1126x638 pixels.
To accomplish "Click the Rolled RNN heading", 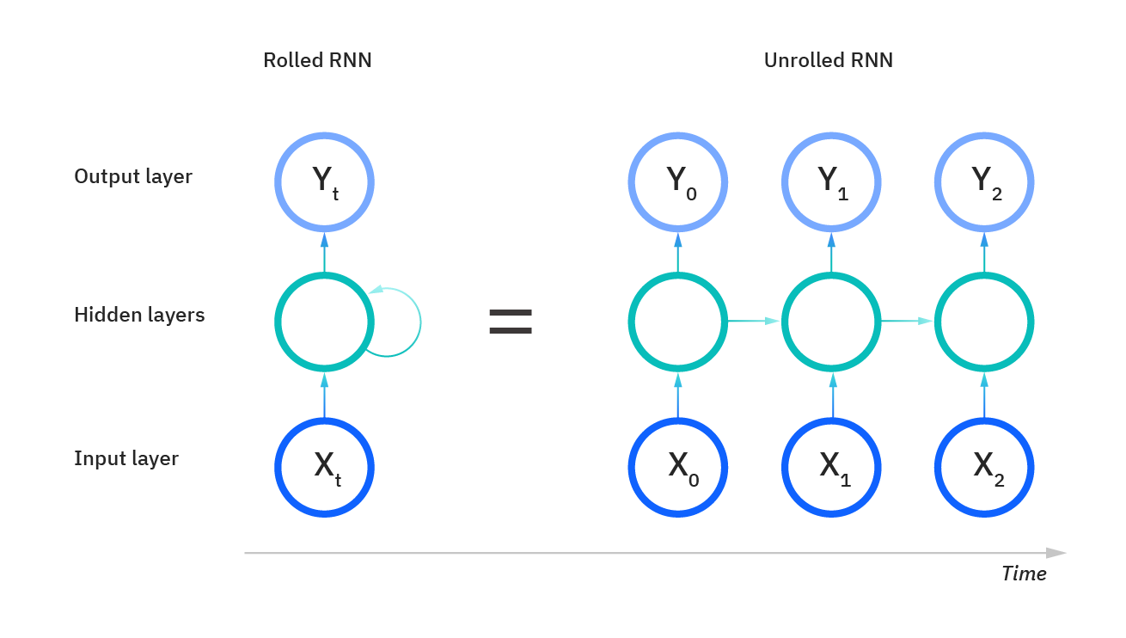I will (317, 60).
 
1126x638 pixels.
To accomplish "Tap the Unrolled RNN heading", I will (828, 60).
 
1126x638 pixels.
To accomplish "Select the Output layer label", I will (133, 176).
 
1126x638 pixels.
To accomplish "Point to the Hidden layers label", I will (139, 315).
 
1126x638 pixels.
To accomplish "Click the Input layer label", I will (126, 458).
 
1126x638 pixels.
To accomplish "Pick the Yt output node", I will (324, 181).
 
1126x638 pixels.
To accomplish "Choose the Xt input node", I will (324, 467).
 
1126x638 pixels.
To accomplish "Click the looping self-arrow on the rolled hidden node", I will (419, 323).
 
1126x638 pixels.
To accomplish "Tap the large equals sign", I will (511, 322).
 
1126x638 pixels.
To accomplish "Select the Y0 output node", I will (678, 181).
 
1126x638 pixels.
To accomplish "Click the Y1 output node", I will (831, 181).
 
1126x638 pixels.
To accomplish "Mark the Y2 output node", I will (984, 181).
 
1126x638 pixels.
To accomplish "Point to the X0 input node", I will (678, 467).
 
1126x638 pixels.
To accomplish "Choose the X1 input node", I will (831, 467).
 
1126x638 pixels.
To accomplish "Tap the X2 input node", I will (984, 467).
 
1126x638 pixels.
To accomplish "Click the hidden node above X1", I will (831, 322).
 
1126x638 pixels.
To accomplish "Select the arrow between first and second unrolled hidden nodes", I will (754, 322).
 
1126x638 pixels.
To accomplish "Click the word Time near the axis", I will (1024, 574).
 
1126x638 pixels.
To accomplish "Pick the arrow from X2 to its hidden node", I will (984, 395).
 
